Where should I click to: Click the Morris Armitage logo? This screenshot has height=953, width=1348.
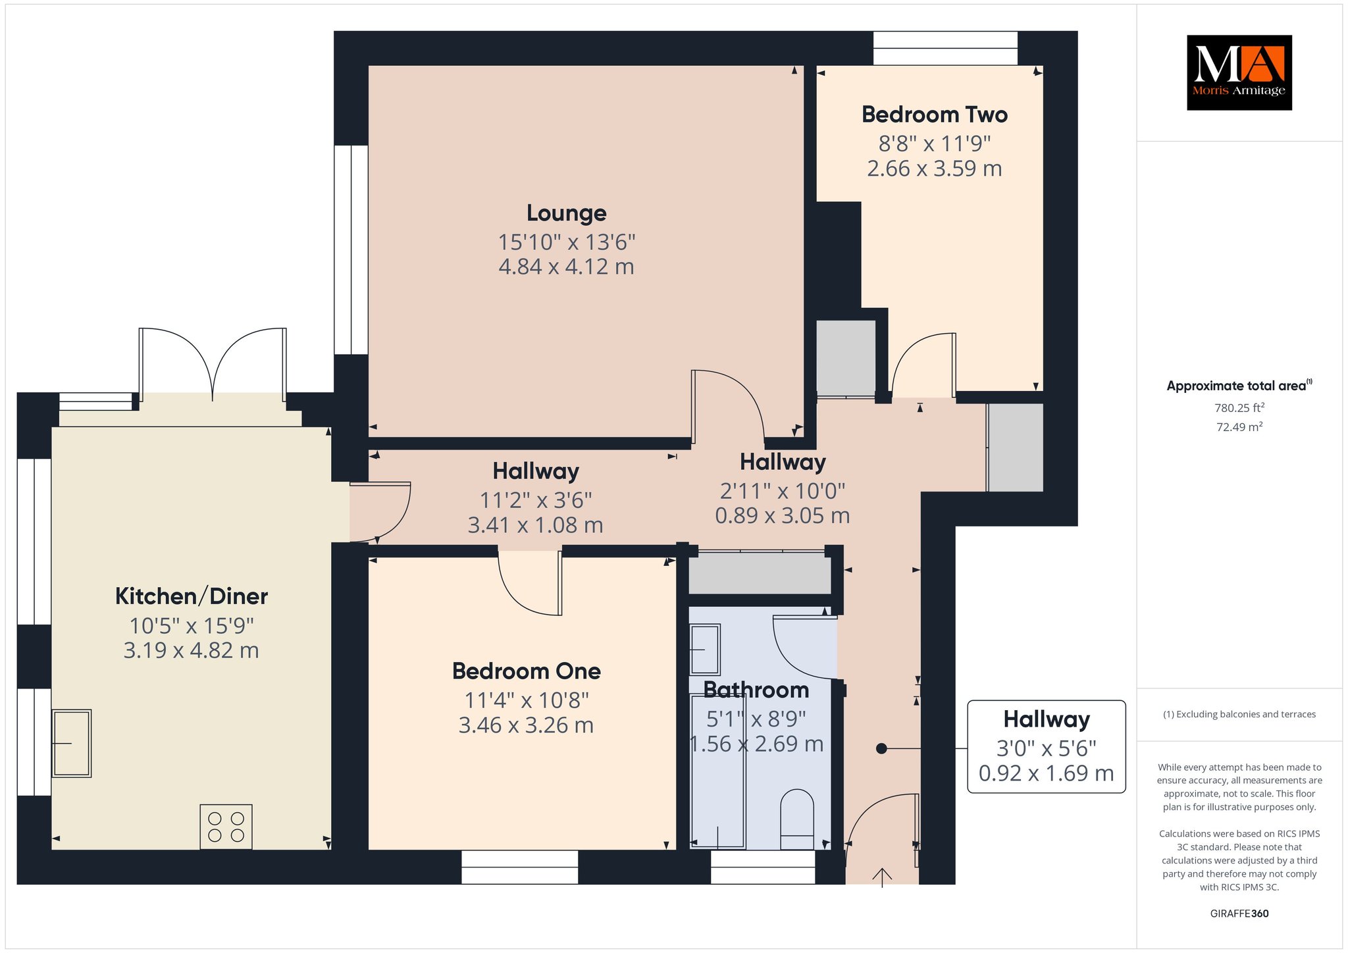(x=1239, y=72)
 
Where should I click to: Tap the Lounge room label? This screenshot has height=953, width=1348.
(x=566, y=213)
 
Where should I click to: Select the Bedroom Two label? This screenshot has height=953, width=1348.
(x=935, y=115)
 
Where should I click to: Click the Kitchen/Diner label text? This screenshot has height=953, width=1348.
(x=192, y=596)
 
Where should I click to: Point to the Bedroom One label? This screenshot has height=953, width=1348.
(x=527, y=671)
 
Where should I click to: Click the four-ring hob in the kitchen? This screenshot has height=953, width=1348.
(x=226, y=827)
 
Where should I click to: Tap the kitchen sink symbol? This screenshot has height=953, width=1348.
(x=72, y=743)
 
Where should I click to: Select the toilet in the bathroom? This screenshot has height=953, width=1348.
(x=796, y=819)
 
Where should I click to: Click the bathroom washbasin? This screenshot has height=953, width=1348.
(x=705, y=650)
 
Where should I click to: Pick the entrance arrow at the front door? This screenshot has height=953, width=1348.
(x=882, y=877)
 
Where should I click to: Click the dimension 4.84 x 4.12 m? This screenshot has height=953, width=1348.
(x=566, y=267)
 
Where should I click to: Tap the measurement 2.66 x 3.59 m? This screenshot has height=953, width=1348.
(x=935, y=168)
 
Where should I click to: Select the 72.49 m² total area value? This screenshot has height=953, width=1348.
(x=1239, y=426)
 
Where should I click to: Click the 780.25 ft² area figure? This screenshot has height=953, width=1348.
(x=1239, y=407)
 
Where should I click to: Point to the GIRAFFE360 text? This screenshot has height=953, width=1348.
(x=1239, y=914)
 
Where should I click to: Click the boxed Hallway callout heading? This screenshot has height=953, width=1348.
(x=1047, y=719)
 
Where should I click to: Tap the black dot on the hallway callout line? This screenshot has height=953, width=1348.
(x=881, y=748)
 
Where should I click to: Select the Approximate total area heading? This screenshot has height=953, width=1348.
(x=1239, y=386)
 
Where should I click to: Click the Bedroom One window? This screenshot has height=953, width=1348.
(x=520, y=867)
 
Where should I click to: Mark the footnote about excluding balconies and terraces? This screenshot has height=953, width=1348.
(x=1239, y=714)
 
